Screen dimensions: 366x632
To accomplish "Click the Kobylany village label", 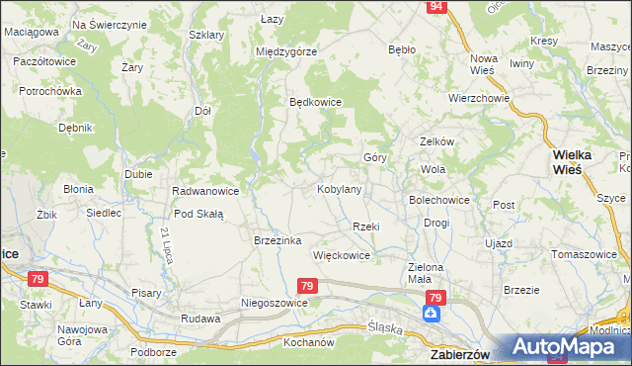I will pos(339,188).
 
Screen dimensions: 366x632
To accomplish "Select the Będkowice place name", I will pos(314,102).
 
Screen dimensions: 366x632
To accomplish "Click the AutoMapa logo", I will pos(569,346).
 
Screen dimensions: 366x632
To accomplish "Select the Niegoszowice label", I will pos(275,303).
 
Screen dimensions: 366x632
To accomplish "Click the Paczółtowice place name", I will pos(44,61).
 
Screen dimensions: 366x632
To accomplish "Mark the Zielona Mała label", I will pos(427,273).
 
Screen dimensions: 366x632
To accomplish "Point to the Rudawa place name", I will pos(198,319).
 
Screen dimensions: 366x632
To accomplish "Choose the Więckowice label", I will pos(341,255).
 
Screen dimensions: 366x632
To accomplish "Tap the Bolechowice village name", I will pos(439,200).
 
